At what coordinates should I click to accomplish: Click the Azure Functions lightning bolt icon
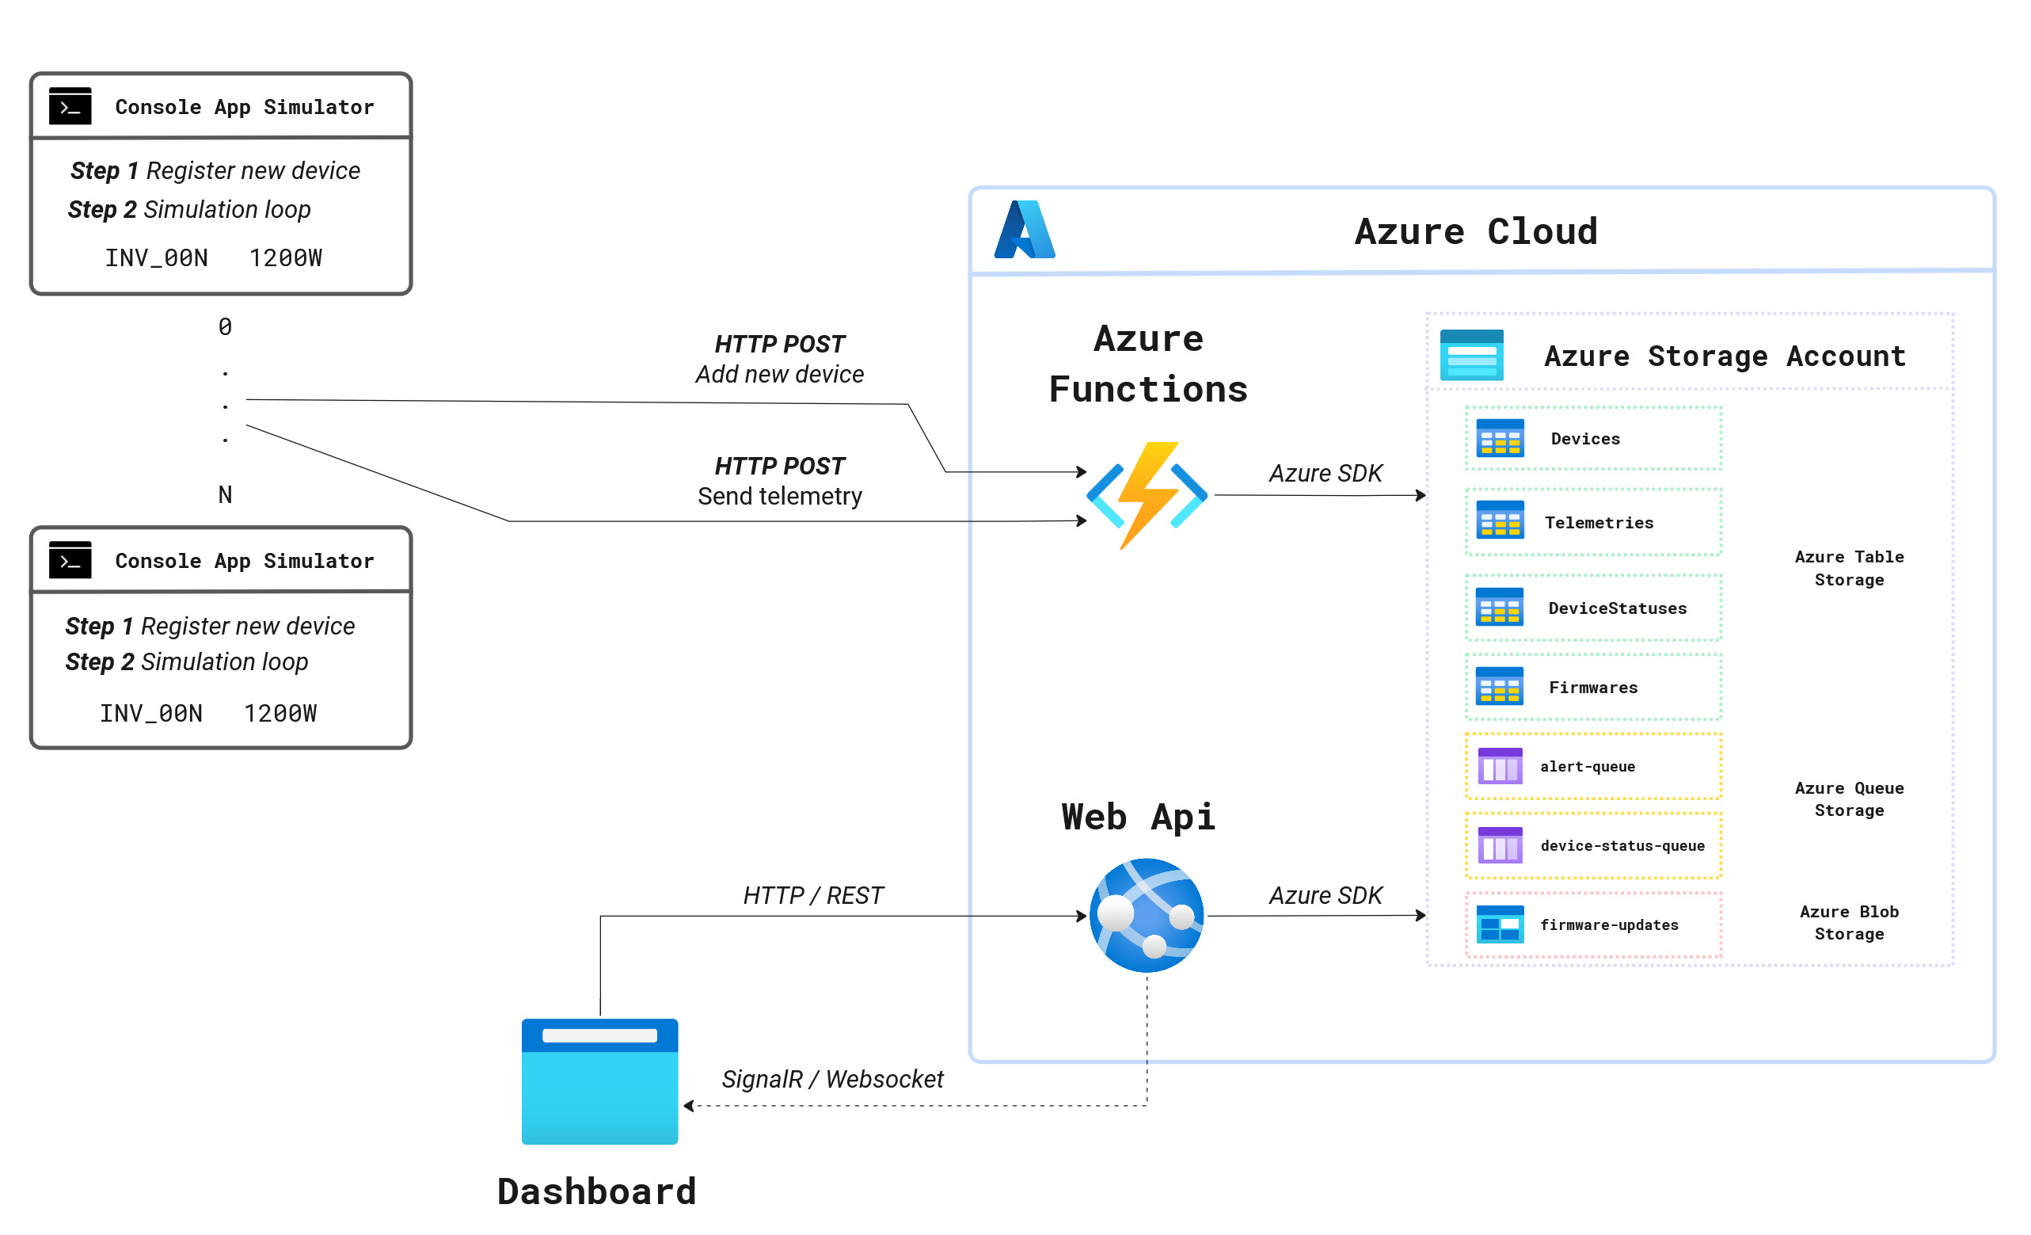[x=1147, y=494]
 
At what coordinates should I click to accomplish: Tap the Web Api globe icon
[x=1147, y=915]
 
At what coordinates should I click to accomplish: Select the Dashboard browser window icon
[x=599, y=1081]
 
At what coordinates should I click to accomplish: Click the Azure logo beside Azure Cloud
[x=1025, y=230]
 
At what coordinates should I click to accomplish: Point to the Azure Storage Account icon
[x=1471, y=356]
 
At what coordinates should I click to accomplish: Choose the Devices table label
[x=1585, y=439]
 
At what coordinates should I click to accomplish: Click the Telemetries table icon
[x=1500, y=520]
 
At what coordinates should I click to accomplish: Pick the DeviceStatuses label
[x=1616, y=608]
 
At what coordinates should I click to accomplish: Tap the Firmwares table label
[x=1592, y=688]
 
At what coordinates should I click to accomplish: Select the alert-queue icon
[x=1500, y=766]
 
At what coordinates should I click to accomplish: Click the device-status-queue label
[x=1622, y=845]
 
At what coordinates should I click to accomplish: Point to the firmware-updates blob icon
[x=1500, y=924]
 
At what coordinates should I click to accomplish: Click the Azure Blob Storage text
[x=1849, y=923]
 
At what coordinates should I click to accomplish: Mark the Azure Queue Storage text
[x=1849, y=799]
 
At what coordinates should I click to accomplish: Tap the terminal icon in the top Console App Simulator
[x=70, y=106]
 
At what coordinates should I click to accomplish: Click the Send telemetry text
[x=779, y=497]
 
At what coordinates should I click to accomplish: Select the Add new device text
[x=779, y=374]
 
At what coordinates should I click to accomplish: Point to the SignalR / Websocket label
[x=831, y=1079]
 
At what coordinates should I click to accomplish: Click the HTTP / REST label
[x=812, y=895]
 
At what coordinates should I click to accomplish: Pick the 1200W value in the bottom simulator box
[x=280, y=713]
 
